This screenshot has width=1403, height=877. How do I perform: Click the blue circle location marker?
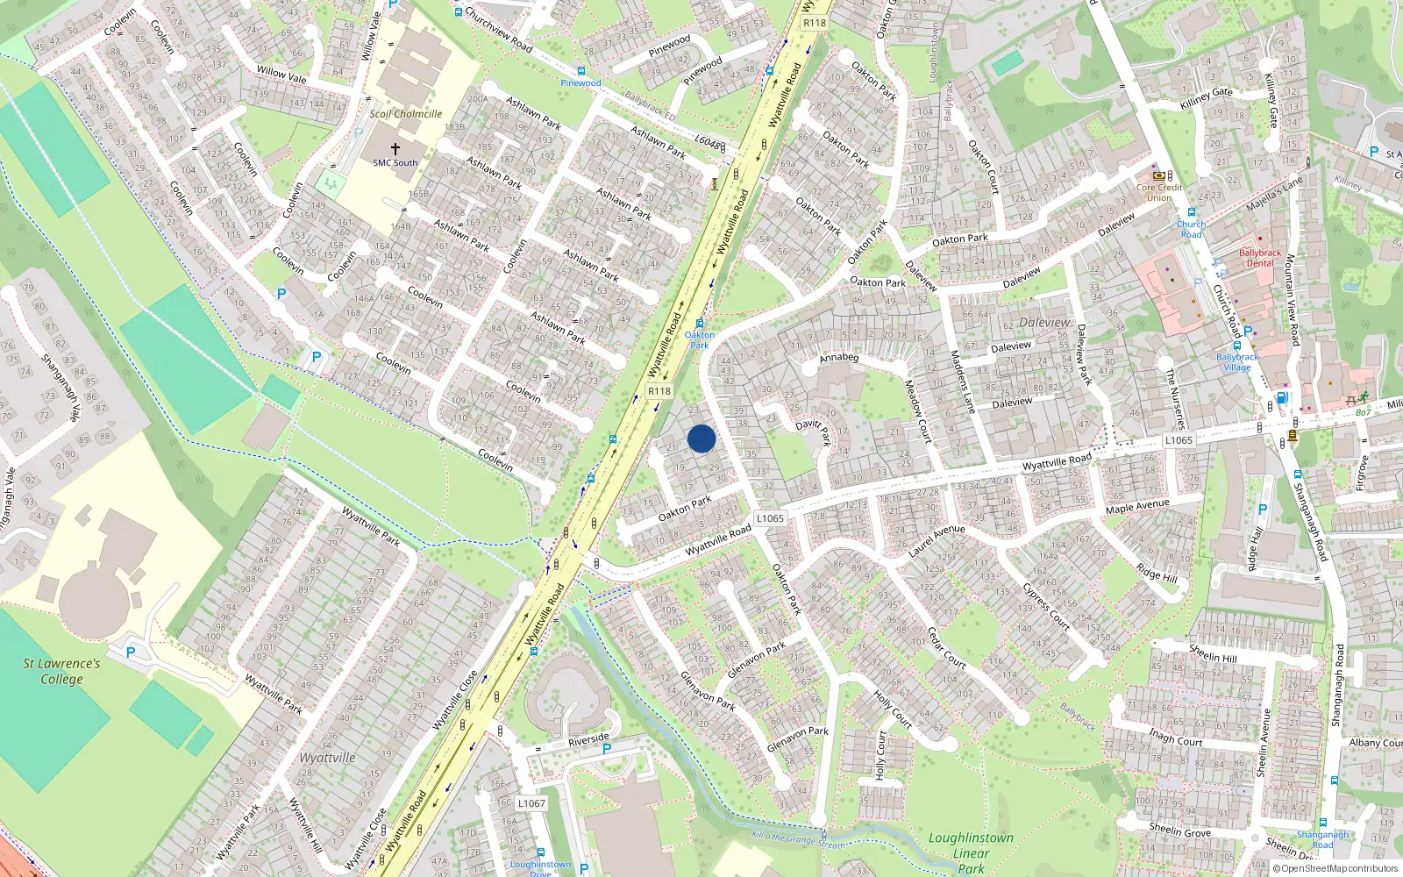pos(701,438)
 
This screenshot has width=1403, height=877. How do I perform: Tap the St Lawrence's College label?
pos(61,671)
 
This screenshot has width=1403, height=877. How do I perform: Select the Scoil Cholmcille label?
pos(405,114)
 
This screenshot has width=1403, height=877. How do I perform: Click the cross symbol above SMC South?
pos(395,149)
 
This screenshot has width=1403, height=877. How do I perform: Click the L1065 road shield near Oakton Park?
pos(770,518)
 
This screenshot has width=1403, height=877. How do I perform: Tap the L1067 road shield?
pos(531,802)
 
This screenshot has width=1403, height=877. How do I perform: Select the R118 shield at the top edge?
pos(815,23)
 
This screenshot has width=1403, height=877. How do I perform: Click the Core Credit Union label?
pos(1159,192)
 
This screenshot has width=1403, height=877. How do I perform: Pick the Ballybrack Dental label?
pos(1260,258)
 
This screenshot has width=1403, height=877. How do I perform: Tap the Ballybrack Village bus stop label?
pos(1237,362)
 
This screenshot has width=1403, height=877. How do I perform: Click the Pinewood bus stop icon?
pos(580,71)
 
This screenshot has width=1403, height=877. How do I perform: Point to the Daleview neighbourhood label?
pos(1045,323)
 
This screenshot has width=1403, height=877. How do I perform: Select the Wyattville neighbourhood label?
pos(327,758)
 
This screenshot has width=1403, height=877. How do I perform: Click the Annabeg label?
pos(839,358)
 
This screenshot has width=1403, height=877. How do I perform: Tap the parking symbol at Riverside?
pos(606,749)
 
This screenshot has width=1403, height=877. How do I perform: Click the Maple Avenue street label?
pos(1137,507)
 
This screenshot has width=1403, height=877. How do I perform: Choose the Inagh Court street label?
pos(1176,737)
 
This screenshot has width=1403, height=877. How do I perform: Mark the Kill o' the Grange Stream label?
pos(799,840)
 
